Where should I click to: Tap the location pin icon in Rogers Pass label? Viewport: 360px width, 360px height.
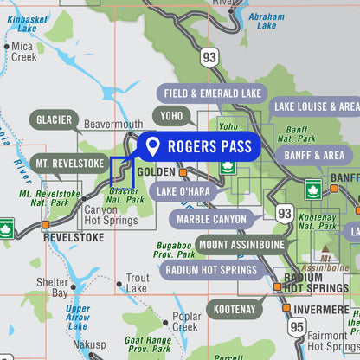point(152,146)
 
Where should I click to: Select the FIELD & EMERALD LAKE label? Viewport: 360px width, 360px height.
point(211,94)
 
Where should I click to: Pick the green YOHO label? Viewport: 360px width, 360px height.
point(170,116)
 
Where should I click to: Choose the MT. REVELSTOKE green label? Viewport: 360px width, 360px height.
point(69,163)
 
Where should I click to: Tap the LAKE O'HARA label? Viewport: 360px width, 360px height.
point(184,191)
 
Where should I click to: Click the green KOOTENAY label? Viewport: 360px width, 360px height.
point(235,308)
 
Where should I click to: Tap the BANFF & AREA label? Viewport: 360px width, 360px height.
point(313,155)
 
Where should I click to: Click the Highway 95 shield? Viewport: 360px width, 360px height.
point(297,326)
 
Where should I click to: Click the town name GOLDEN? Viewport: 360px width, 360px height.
point(156,172)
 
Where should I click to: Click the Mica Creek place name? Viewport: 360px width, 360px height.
point(24,51)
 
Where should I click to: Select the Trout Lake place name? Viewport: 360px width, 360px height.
point(137,283)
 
